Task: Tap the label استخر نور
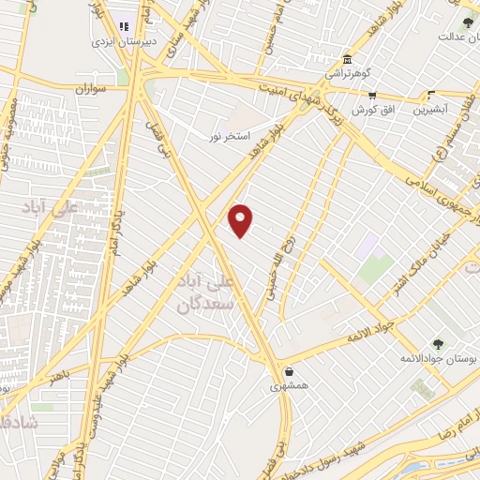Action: [229, 137]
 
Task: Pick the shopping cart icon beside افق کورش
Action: [372, 95]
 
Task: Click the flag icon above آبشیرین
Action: [432, 95]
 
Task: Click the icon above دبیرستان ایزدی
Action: [124, 27]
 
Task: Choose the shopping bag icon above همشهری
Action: [289, 371]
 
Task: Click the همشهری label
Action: [289, 385]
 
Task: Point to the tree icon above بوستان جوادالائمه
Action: [438, 344]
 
